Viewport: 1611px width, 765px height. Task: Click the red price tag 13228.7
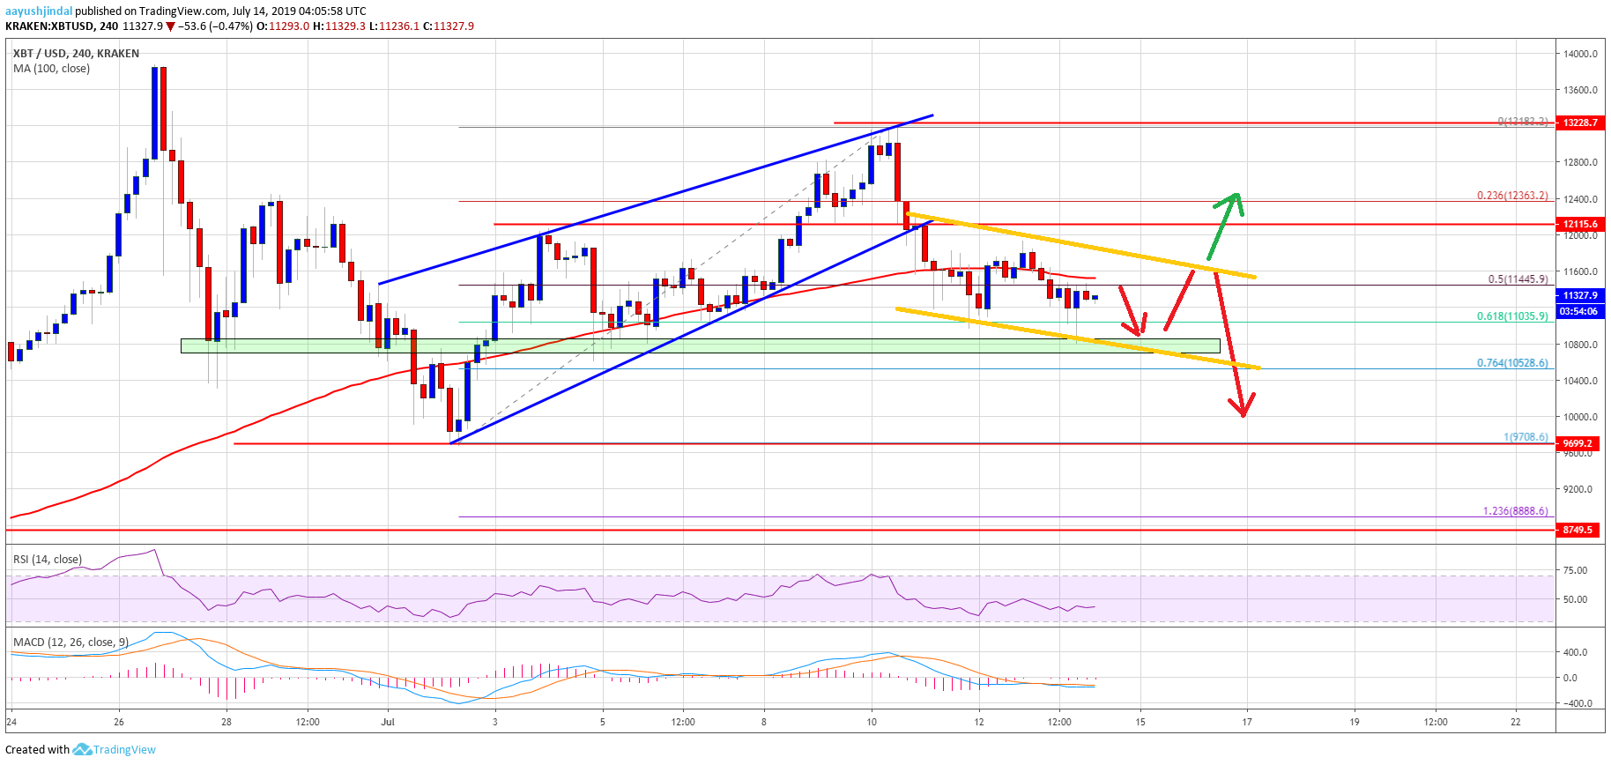(1579, 123)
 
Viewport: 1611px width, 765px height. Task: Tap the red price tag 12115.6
(1579, 224)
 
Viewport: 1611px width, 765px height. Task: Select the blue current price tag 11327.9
(1579, 295)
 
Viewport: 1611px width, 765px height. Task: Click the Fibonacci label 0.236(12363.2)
(1512, 196)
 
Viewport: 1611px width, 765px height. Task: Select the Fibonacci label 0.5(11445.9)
(1518, 279)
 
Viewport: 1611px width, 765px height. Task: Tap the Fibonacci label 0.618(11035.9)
(1512, 316)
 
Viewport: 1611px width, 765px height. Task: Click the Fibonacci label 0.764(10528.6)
(1512, 363)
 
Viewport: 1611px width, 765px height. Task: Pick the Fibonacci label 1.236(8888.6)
(1515, 511)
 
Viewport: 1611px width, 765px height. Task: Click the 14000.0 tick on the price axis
(1579, 54)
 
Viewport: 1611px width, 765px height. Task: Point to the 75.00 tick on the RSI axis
(1575, 570)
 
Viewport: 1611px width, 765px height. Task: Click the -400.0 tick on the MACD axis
(1575, 703)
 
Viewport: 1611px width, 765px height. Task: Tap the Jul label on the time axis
(388, 722)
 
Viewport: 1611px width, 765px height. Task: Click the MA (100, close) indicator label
(51, 69)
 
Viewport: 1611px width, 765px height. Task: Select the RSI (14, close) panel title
(48, 560)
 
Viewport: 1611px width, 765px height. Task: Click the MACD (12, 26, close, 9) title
(71, 642)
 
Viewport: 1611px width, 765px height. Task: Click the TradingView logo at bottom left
(115, 750)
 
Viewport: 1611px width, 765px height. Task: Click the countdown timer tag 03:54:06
(1579, 311)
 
